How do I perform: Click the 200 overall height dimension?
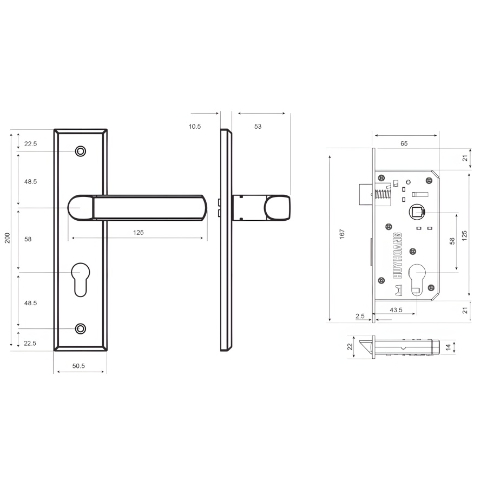[x=8, y=238]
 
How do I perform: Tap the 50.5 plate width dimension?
[x=78, y=366]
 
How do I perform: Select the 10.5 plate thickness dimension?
[x=195, y=127]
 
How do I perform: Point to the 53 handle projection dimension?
[x=258, y=127]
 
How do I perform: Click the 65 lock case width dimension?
[x=404, y=143]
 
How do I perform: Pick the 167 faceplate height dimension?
[x=342, y=234]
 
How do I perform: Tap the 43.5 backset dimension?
[x=396, y=310]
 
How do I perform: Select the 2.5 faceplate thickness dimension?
[x=360, y=316]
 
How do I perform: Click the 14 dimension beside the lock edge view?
[x=448, y=347]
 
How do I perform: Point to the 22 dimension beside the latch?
[x=350, y=347]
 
